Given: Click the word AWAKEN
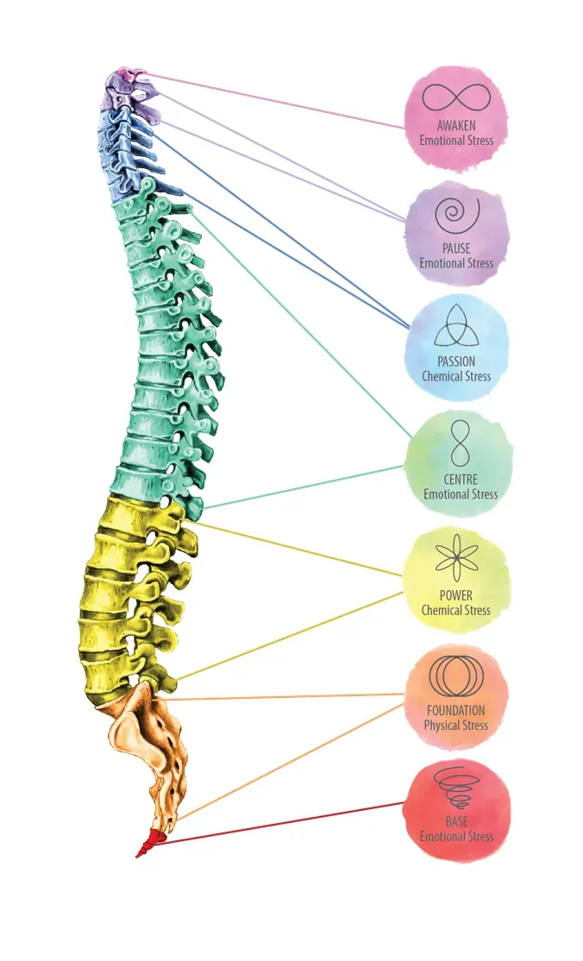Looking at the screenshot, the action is pyautogui.click(x=456, y=126).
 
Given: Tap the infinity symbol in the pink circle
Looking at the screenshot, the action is pyautogui.click(x=456, y=97).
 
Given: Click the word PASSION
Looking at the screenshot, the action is pyautogui.click(x=456, y=361).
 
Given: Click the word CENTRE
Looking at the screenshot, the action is pyautogui.click(x=461, y=480).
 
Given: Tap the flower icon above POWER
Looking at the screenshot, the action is pyautogui.click(x=456, y=557).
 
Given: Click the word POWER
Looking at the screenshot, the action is pyautogui.click(x=456, y=595).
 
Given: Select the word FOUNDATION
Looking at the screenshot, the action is pyautogui.click(x=455, y=711).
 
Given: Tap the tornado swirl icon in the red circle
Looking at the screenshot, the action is pyautogui.click(x=457, y=788).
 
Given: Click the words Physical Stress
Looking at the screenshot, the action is pyautogui.click(x=455, y=725).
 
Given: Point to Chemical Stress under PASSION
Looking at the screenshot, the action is pyautogui.click(x=456, y=376).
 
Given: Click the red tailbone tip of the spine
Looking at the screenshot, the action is pyautogui.click(x=148, y=844).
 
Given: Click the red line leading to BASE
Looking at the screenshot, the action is pyautogui.click(x=280, y=823).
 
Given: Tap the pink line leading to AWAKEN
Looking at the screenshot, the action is pyautogui.click(x=275, y=101).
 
